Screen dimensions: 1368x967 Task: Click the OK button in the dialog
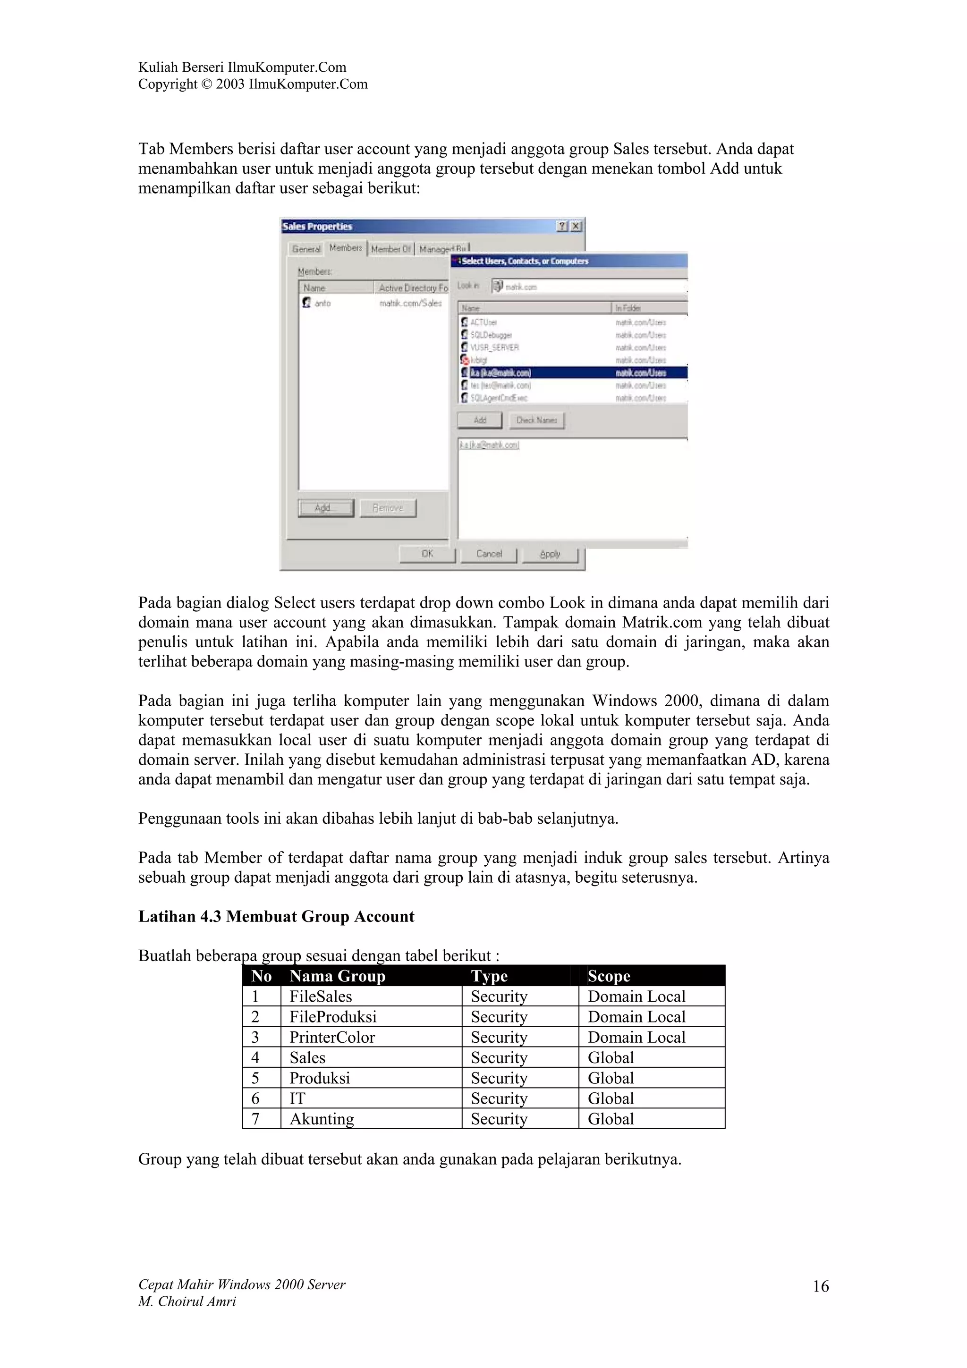427,554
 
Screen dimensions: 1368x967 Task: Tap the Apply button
550,554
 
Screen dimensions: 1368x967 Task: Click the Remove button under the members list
388,508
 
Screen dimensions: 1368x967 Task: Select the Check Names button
536,420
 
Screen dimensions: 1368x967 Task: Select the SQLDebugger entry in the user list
491,335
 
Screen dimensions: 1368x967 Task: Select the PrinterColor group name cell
332,1037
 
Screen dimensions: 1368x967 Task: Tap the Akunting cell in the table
322,1118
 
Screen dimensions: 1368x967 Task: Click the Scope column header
609,976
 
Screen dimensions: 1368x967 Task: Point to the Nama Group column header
337,976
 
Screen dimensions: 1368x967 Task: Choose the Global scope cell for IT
611,1098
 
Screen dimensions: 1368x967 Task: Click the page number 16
821,1286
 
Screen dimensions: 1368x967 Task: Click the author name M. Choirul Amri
187,1301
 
